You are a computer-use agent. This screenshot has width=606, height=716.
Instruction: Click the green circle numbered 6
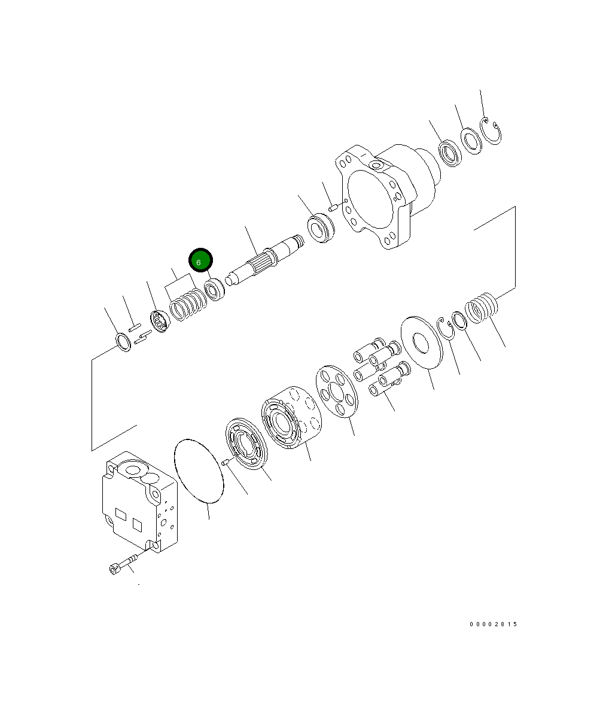coord(200,261)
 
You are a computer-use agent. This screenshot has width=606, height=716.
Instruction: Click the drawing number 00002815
coord(493,624)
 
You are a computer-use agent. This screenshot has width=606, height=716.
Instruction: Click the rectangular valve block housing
coord(139,501)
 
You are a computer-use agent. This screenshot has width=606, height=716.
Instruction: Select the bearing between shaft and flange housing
coord(321,229)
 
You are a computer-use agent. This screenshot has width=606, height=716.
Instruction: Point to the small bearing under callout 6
coord(214,289)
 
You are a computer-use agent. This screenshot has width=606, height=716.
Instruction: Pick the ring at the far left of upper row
coord(123,343)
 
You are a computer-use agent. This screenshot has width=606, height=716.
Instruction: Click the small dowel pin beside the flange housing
coord(334,208)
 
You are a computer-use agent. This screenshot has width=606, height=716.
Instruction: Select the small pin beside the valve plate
coord(226,462)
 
